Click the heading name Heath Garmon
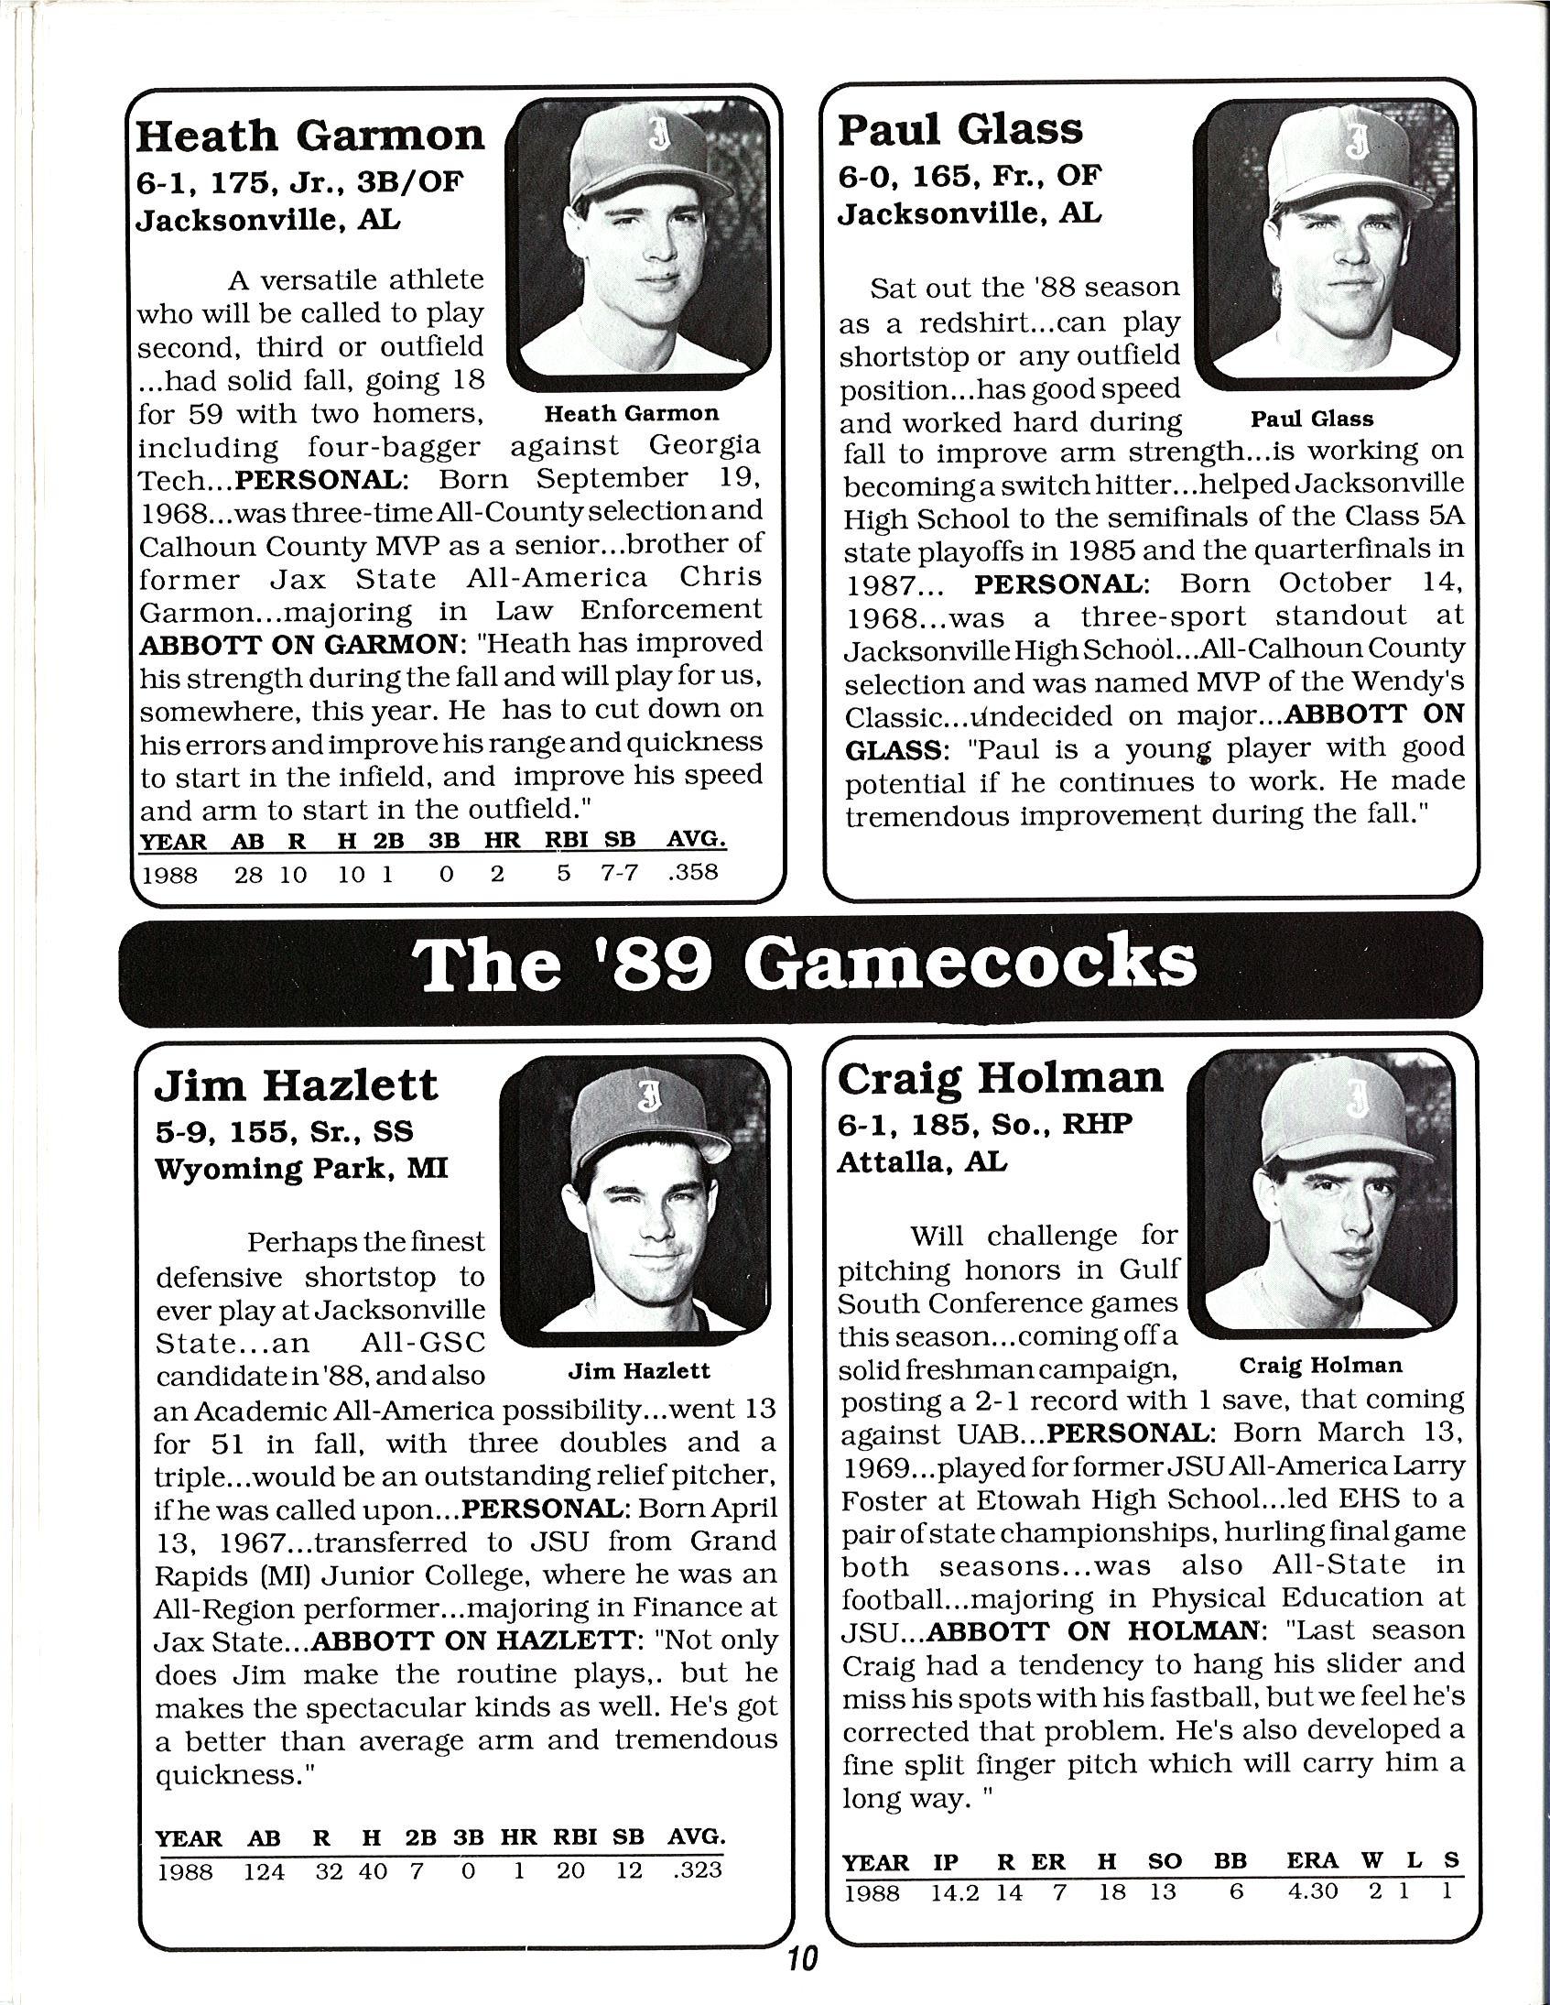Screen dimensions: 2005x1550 pyautogui.click(x=309, y=136)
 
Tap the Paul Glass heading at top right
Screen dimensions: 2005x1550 pyautogui.click(x=959, y=129)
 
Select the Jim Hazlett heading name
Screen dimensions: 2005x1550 pyautogui.click(x=296, y=1085)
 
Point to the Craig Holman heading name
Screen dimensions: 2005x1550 pyautogui.click(x=1000, y=1078)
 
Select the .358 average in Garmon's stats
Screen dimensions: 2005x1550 pyautogui.click(x=693, y=871)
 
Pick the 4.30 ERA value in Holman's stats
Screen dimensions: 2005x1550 pyautogui.click(x=1313, y=1891)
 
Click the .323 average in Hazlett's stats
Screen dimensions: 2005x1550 pyautogui.click(x=697, y=1870)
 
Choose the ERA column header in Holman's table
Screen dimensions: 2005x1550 pyautogui.click(x=1311, y=1860)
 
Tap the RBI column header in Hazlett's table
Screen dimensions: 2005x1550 pyautogui.click(x=574, y=1837)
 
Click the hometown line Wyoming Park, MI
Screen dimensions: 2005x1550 pyautogui.click(x=301, y=1169)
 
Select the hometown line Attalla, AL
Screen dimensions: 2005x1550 pyautogui.click(x=921, y=1162)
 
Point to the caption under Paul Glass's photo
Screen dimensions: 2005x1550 pyautogui.click(x=1312, y=420)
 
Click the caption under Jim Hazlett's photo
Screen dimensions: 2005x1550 pyautogui.click(x=639, y=1370)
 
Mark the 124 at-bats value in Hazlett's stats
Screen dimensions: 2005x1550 pyautogui.click(x=265, y=1870)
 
